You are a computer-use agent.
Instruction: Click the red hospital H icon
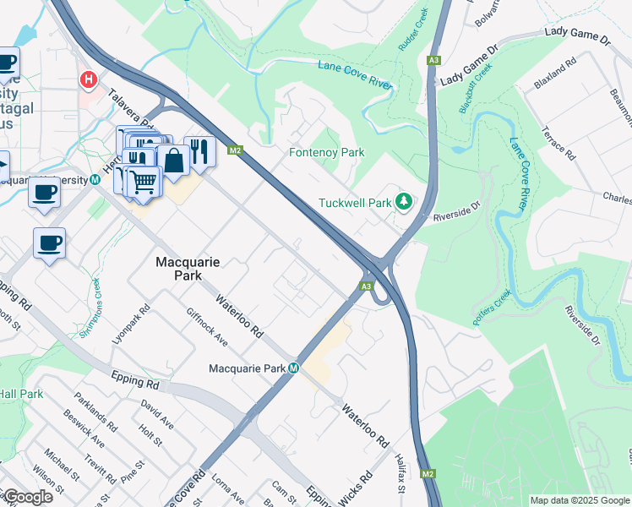pyautogui.click(x=87, y=79)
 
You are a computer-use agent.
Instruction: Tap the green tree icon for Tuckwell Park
pyautogui.click(x=404, y=202)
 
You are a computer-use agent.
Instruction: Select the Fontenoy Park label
pyautogui.click(x=326, y=153)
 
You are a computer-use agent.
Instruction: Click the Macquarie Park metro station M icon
pyautogui.click(x=293, y=368)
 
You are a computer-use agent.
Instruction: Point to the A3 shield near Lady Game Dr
pyautogui.click(x=433, y=60)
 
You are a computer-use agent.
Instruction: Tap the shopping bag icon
pyautogui.click(x=172, y=160)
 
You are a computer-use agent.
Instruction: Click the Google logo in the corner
pyautogui.click(x=27, y=497)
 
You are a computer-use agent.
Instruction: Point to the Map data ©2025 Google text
pyautogui.click(x=580, y=500)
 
